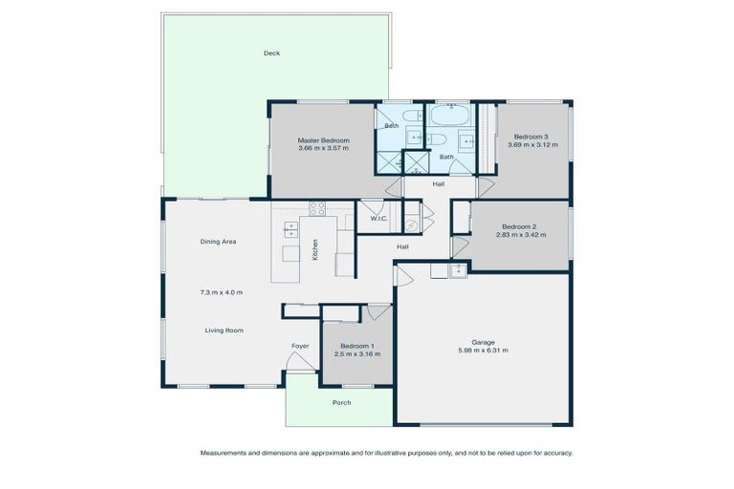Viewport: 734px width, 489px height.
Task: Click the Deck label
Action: (x=271, y=53)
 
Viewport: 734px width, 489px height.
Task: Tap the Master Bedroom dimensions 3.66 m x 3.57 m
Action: (x=323, y=148)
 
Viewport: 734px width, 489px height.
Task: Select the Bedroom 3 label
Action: (x=530, y=137)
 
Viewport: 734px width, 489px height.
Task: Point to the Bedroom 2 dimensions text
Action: (x=521, y=234)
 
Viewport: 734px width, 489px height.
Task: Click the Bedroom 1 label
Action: (x=357, y=345)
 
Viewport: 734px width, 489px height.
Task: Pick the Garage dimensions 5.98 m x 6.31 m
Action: (x=483, y=351)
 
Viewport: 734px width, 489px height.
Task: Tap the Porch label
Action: (x=341, y=402)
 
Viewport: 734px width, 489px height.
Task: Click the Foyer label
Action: (x=300, y=345)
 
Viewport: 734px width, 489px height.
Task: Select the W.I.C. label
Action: (x=378, y=219)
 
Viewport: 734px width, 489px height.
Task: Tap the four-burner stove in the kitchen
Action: (x=316, y=208)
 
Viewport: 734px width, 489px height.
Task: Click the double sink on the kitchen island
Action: (x=290, y=229)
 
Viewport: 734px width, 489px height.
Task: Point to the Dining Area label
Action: (x=218, y=242)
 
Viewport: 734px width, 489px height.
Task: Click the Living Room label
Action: (x=224, y=330)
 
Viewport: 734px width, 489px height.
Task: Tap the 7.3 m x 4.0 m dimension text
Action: (x=221, y=291)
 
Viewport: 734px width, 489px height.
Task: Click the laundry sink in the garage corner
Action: (x=458, y=270)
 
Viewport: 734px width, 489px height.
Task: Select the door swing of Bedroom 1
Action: (x=378, y=311)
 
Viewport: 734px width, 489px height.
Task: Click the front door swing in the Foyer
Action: (x=301, y=362)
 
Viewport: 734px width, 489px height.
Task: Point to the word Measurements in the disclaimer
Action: (x=223, y=453)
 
